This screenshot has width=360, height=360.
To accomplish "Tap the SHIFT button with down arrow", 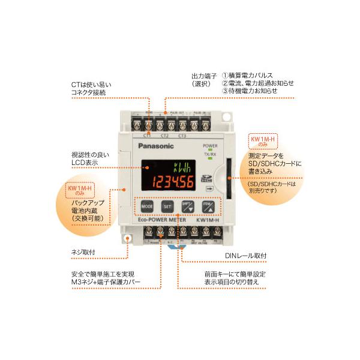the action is [x=187, y=206].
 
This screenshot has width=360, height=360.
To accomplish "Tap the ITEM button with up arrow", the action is [x=207, y=206].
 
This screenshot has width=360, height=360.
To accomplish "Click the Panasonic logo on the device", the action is [x=156, y=145].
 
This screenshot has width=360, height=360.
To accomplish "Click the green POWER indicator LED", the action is [x=210, y=151].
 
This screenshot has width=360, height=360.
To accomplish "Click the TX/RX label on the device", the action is [x=210, y=155].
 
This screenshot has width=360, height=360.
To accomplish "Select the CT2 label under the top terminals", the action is [x=165, y=136].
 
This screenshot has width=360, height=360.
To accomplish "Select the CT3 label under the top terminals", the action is [x=183, y=136].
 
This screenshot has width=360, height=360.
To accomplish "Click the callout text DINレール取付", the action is [x=246, y=256].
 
